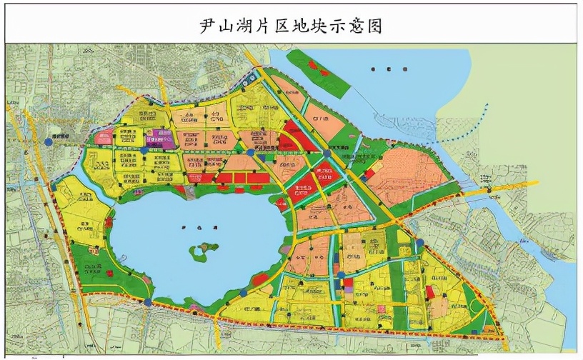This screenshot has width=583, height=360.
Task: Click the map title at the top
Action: click(x=291, y=26)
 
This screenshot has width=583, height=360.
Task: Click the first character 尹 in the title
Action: click(x=208, y=26)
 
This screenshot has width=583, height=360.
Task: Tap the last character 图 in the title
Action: click(x=374, y=26)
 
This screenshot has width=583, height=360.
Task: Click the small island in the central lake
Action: click(x=203, y=251)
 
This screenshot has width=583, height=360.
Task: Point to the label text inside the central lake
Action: click(x=193, y=227)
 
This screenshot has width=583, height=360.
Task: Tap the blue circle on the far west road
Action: click(x=48, y=142)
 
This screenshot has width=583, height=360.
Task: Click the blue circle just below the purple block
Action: click(x=145, y=151)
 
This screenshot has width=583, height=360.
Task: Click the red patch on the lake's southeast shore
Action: click(x=262, y=277)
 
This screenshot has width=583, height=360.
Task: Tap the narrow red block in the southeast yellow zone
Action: click(x=430, y=293)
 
